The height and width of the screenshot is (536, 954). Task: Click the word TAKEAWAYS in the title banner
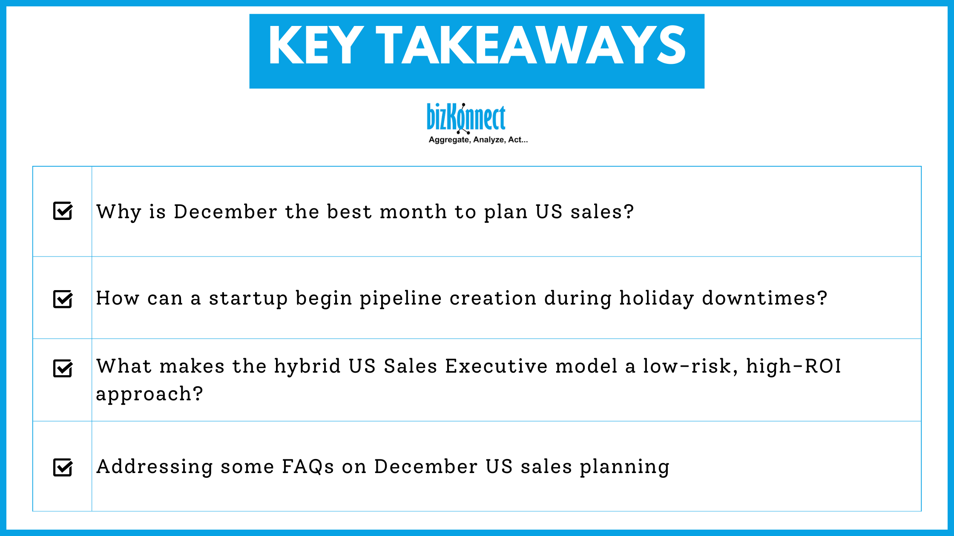coord(531,46)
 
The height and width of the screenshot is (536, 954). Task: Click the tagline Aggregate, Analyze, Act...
coord(478,140)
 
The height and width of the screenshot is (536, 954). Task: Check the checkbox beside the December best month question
coord(63,211)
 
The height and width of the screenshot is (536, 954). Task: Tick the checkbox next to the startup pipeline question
coord(63,299)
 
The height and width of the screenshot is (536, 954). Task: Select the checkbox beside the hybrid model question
coord(63,368)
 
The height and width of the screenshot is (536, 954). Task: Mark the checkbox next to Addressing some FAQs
coord(63,468)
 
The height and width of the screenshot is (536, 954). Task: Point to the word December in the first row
coord(225,212)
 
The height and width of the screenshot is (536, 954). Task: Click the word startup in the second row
coord(248,299)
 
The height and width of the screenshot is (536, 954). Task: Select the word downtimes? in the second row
coord(764,298)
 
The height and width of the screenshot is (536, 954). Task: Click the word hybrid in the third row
coord(307,367)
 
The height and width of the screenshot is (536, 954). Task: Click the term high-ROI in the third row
coord(793,366)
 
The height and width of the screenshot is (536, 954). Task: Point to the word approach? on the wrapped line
coord(149,394)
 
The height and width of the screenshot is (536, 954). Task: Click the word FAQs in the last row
coord(308,467)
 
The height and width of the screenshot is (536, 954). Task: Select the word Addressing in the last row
coord(155,467)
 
